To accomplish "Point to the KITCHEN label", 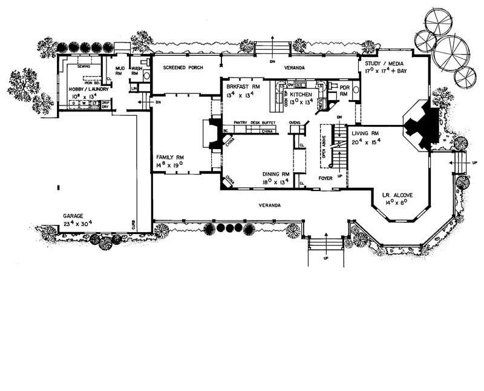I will tap(301, 95).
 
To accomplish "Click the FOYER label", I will tap(327, 179).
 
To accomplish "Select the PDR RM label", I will tap(345, 90).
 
